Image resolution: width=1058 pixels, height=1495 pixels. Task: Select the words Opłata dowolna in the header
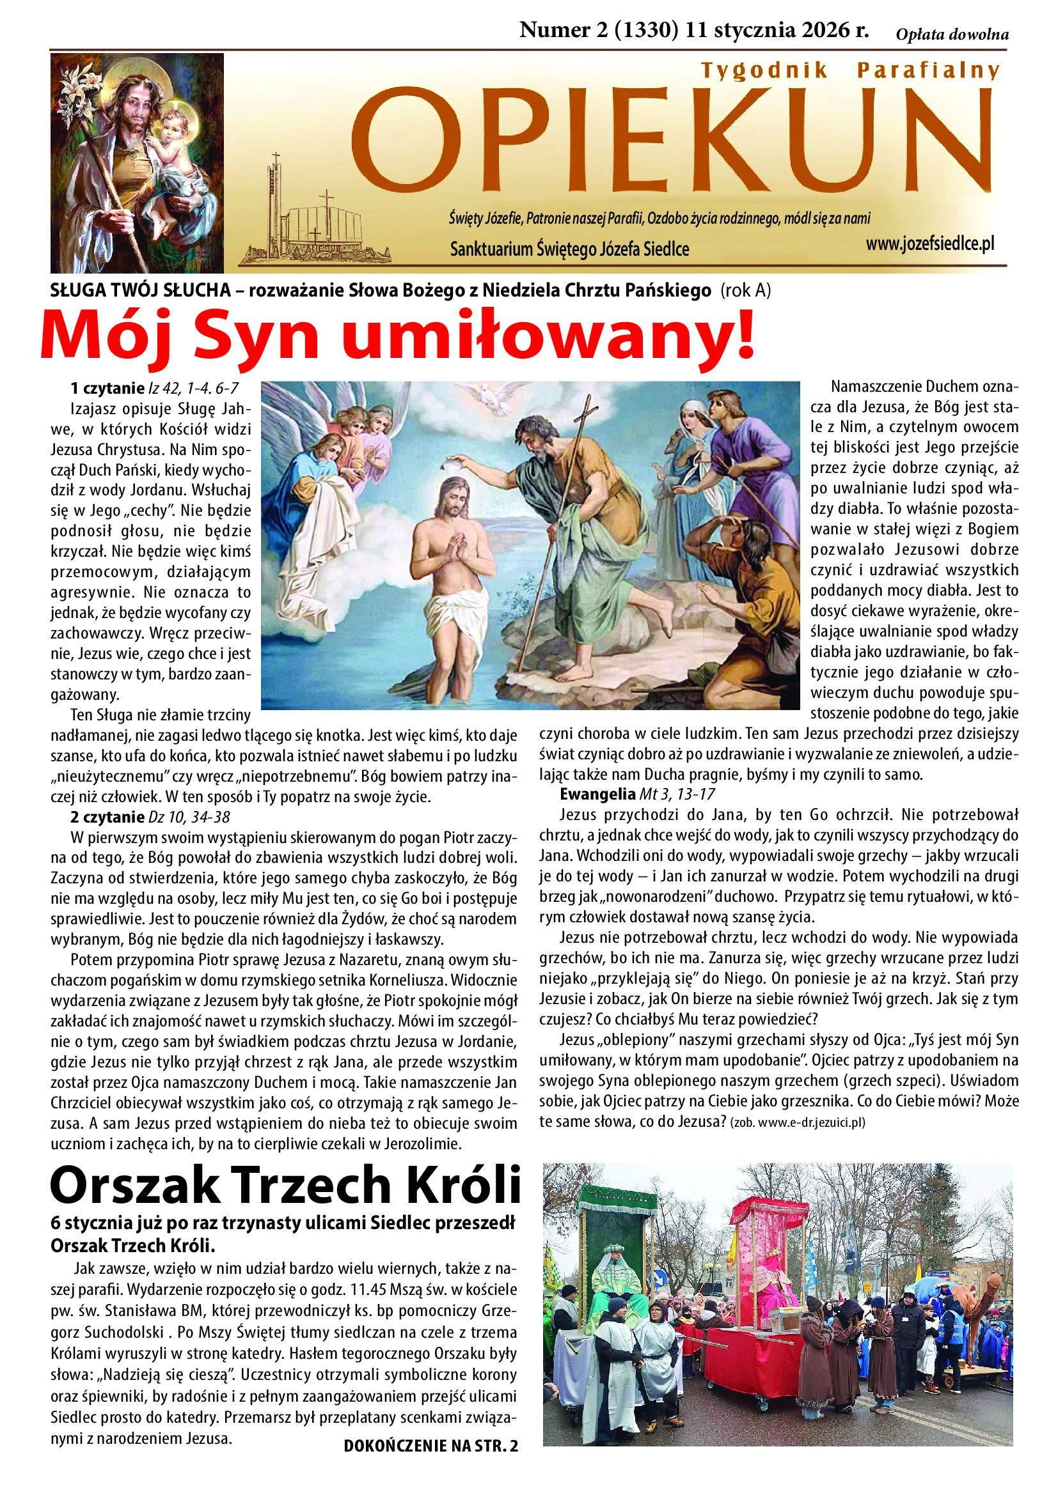pyautogui.click(x=952, y=35)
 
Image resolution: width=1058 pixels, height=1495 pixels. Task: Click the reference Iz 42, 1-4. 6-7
pyautogui.click(x=193, y=389)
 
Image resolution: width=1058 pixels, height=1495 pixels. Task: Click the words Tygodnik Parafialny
pyautogui.click(x=848, y=70)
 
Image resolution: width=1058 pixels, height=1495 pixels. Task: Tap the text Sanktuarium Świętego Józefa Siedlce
pyautogui.click(x=569, y=249)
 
